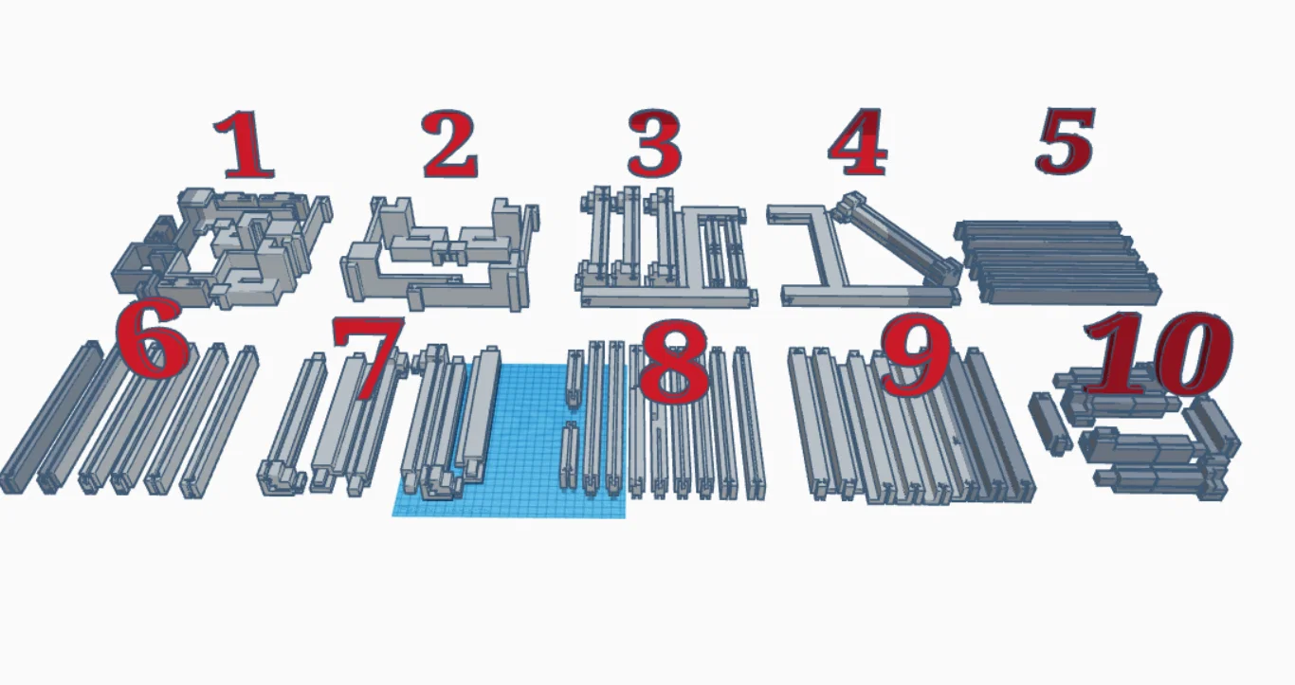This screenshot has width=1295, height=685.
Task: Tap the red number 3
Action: [654, 143]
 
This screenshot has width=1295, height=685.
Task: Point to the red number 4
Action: [857, 142]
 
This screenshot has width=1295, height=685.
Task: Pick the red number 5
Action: [1066, 140]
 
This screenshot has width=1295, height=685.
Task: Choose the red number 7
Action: [368, 358]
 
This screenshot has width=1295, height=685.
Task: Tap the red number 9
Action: [917, 355]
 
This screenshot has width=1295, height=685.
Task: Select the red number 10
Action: [1158, 353]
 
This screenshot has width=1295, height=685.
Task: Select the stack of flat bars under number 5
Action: [1058, 261]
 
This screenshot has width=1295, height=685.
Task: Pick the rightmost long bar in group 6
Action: [221, 422]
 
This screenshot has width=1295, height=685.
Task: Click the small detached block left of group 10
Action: [1048, 424]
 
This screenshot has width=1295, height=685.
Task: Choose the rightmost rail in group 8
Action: [749, 423]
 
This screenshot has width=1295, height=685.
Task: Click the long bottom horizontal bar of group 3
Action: [669, 298]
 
